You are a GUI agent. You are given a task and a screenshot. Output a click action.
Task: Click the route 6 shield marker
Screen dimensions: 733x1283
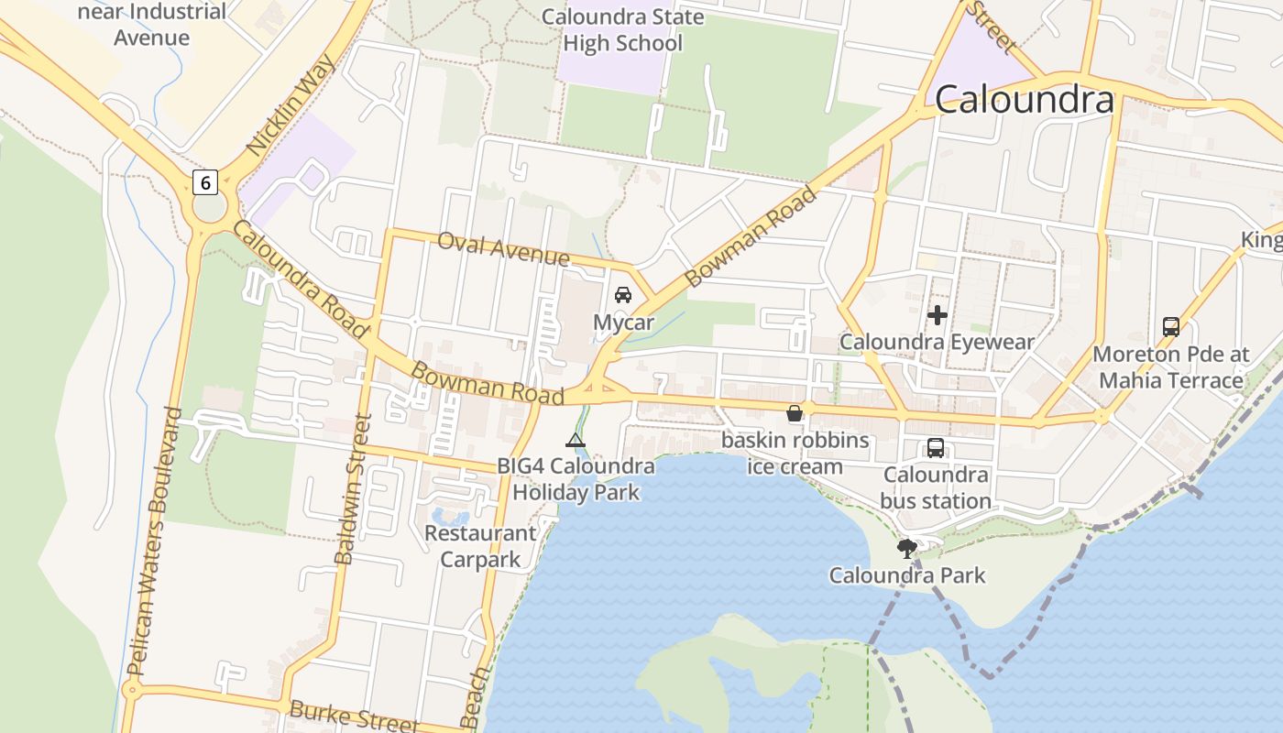point(204,182)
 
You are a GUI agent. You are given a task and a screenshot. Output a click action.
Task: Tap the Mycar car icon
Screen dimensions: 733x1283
point(623,295)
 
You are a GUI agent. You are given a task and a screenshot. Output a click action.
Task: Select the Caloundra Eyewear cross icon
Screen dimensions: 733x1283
point(937,316)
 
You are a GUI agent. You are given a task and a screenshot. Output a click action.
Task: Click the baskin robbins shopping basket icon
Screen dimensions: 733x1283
point(795,413)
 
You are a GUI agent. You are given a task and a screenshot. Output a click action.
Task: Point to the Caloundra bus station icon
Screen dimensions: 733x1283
point(935,448)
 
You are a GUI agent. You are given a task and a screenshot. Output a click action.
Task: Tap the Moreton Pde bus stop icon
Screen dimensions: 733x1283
point(1170,326)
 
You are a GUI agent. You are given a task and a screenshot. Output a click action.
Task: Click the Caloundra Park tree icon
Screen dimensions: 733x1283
point(907,549)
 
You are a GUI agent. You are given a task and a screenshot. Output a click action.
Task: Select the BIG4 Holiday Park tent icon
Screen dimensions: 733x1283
point(575,440)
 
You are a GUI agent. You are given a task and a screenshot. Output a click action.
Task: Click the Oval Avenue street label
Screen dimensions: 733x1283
point(503,247)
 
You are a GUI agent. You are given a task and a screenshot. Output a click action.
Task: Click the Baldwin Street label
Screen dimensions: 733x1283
point(353,488)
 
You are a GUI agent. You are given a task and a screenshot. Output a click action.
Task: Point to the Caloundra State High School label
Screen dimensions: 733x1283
point(622,30)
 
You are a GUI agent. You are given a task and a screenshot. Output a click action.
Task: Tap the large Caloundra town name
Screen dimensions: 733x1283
point(1025,99)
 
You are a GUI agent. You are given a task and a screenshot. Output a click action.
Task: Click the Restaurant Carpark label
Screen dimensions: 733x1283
point(480,546)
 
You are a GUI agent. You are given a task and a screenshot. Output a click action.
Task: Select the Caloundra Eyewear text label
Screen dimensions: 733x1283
point(937,342)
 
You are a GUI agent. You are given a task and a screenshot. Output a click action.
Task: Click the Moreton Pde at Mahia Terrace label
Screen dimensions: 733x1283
point(1170,366)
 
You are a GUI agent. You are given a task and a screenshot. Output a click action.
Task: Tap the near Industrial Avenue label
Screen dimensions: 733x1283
point(152,25)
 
